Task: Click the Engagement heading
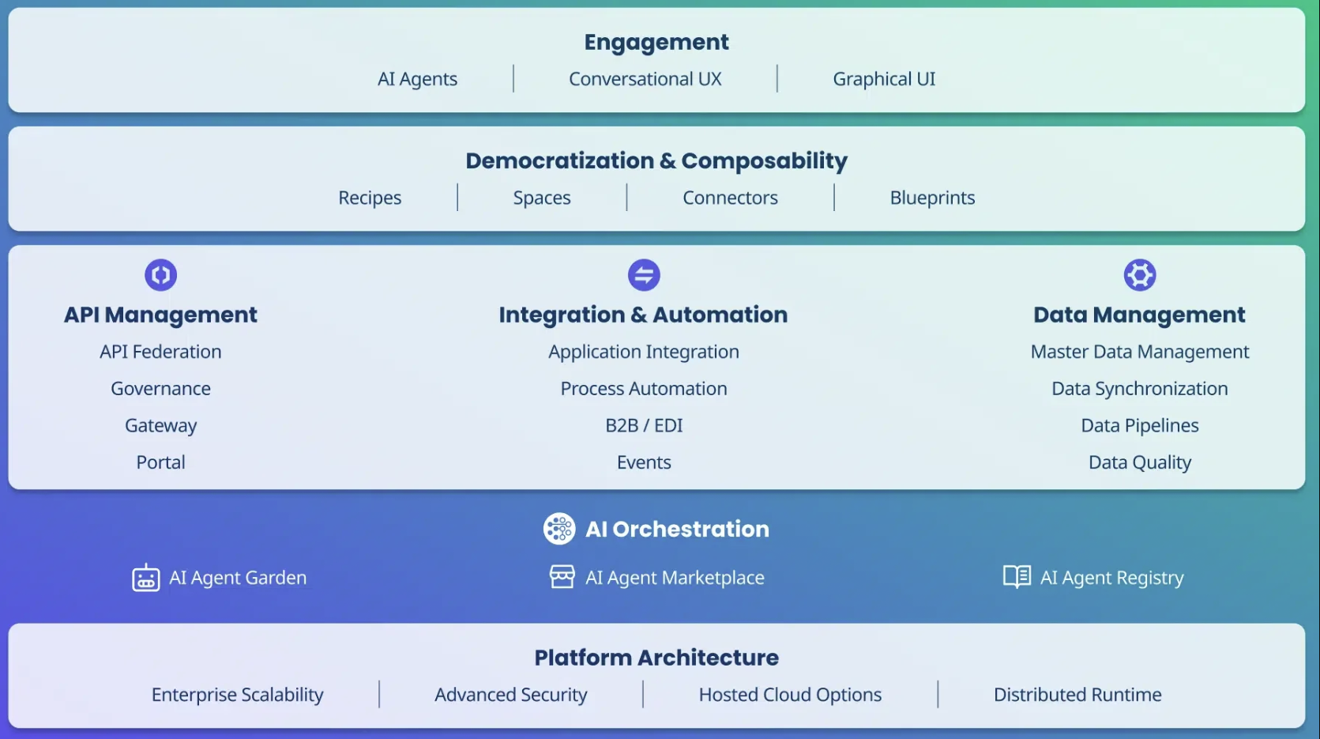tap(656, 43)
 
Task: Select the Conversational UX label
tap(645, 78)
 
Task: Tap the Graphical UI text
tap(884, 78)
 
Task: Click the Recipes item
tap(370, 198)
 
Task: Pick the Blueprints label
tap(932, 198)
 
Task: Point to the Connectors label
tap(730, 198)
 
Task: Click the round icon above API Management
tap(161, 275)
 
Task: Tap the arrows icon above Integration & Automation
tap(644, 275)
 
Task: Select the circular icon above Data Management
tap(1140, 275)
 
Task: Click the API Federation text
tap(160, 352)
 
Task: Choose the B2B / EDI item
tap(644, 425)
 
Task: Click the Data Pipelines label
tap(1140, 425)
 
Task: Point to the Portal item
tap(161, 462)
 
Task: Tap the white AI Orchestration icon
tap(559, 529)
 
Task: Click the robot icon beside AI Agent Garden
tap(145, 578)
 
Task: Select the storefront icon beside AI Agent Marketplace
tap(562, 577)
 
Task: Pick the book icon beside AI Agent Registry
tap(1017, 577)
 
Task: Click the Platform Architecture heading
tap(656, 658)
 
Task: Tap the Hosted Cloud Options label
tap(790, 694)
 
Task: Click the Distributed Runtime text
tap(1077, 694)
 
